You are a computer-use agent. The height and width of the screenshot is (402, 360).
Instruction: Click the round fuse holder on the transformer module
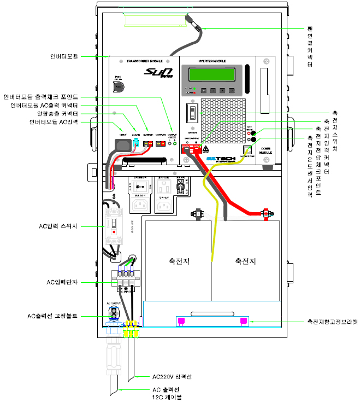[x=119, y=88]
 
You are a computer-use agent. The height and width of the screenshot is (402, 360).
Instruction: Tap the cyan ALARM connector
[x=135, y=143]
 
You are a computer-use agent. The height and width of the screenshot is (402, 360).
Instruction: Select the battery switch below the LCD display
[x=192, y=114]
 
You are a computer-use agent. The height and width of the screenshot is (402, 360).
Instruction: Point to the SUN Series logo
[x=158, y=72]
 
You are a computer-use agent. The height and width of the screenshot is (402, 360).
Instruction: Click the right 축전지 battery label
[x=245, y=261]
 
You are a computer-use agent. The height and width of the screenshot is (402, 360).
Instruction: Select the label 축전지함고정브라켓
[x=332, y=322]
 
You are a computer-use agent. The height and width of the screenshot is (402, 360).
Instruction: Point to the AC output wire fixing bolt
[x=114, y=312]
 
